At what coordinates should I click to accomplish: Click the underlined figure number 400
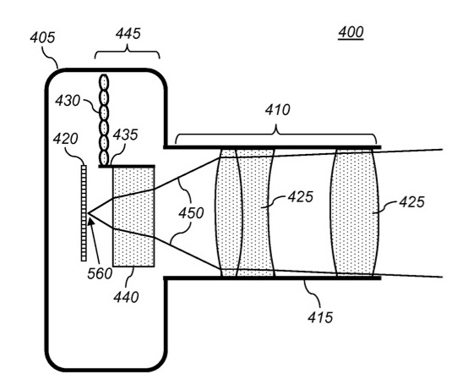click(351, 32)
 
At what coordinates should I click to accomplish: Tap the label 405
click(42, 38)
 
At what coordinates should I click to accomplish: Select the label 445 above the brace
click(128, 34)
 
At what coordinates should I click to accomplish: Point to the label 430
click(68, 101)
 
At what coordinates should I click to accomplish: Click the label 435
click(126, 135)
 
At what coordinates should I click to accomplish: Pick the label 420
click(66, 139)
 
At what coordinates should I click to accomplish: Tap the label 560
click(100, 274)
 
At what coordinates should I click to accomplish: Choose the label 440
click(126, 298)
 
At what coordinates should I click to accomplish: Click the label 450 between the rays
click(191, 213)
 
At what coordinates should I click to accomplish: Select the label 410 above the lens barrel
click(277, 110)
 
